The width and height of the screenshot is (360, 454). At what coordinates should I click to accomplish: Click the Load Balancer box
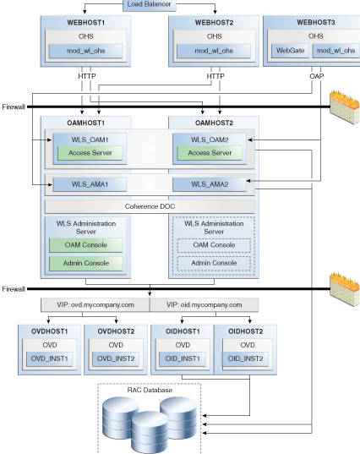tap(150, 5)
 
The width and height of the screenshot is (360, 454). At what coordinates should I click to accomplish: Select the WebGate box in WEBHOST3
tap(290, 51)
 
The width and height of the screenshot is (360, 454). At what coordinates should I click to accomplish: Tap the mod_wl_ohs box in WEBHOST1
tap(85, 51)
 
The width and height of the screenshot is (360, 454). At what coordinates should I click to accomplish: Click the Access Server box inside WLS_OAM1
tap(90, 153)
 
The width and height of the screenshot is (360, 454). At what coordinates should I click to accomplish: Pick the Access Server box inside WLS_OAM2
tap(210, 153)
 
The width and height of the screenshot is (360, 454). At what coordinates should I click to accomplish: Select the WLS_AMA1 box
tap(90, 184)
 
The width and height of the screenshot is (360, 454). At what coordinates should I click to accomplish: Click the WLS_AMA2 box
tap(210, 184)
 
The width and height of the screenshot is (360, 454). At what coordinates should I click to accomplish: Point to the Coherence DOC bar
tap(150, 206)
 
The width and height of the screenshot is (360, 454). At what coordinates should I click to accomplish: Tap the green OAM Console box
tap(86, 245)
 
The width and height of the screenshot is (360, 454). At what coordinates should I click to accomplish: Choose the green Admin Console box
tap(86, 263)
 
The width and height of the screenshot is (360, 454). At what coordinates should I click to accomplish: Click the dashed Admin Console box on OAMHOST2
tap(214, 263)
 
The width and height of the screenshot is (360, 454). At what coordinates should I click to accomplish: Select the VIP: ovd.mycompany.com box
tap(95, 305)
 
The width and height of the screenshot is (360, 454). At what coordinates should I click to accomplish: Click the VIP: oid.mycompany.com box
tap(204, 305)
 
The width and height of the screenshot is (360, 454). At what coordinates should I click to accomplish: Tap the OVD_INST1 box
tap(50, 359)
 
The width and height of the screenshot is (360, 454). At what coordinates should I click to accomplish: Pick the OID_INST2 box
tap(245, 359)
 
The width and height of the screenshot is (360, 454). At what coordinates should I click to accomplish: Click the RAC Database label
tap(150, 391)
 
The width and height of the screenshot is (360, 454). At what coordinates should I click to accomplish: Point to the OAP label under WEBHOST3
tap(317, 76)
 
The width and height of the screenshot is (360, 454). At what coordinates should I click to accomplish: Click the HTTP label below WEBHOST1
tap(87, 76)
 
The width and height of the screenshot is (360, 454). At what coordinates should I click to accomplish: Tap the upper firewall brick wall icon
tap(345, 107)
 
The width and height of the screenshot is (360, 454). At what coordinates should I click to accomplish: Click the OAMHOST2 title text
tap(214, 123)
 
